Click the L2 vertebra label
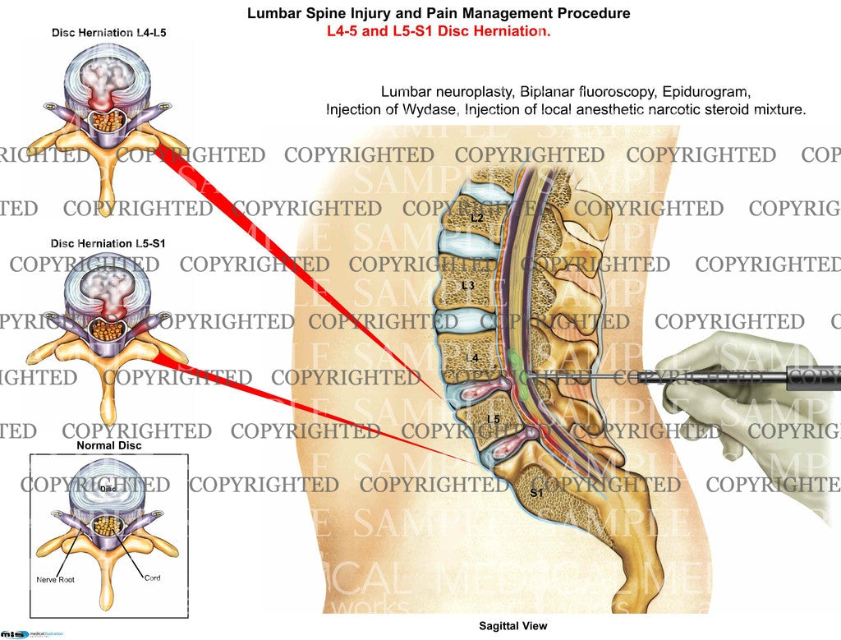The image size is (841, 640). click(x=477, y=219)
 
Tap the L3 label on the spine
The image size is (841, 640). click(x=468, y=286)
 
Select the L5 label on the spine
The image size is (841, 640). click(x=493, y=420)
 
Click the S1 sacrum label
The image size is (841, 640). click(x=535, y=492)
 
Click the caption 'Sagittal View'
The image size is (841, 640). click(x=513, y=626)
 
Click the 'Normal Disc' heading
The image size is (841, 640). click(x=108, y=445)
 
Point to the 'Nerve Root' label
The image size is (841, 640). click(x=56, y=580)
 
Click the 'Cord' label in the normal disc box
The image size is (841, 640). click(x=152, y=578)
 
